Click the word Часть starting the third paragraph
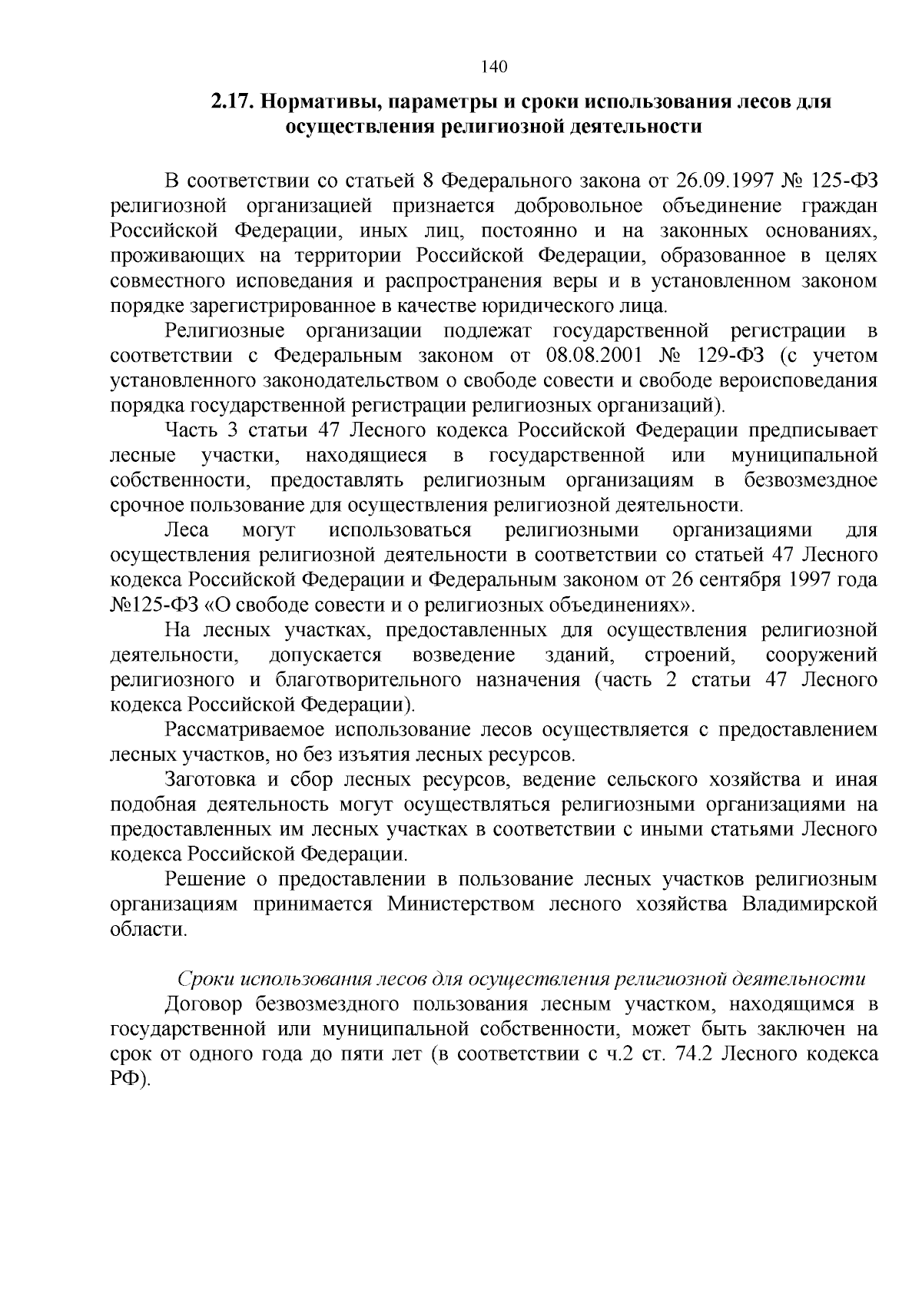pyautogui.click(x=189, y=430)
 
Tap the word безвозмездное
pyautogui.click(x=811, y=480)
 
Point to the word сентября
pyautogui.click(x=732, y=579)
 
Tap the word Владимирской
pyautogui.click(x=810, y=904)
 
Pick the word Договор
pyautogui.click(x=204, y=1004)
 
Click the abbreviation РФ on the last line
pyautogui.click(x=128, y=1078)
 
